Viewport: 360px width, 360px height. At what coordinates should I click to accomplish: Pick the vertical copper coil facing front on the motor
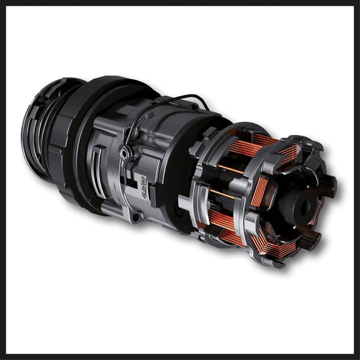coord(259,192)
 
